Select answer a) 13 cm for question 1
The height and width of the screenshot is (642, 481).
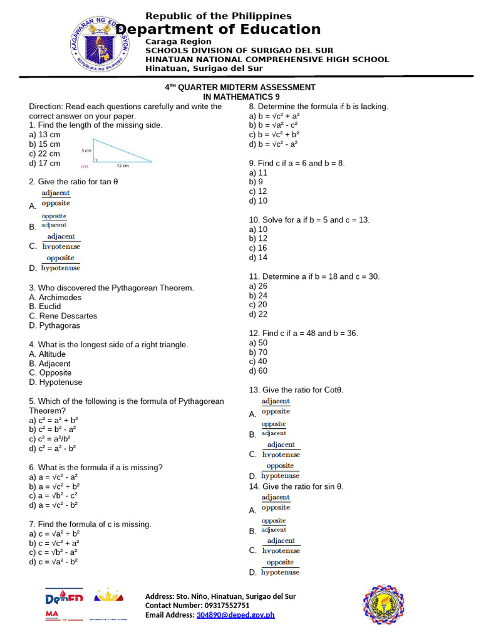[44, 135]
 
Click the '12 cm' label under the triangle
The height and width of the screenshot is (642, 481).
[122, 166]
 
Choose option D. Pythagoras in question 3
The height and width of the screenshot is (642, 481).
[54, 325]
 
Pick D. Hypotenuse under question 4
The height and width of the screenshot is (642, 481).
[56, 382]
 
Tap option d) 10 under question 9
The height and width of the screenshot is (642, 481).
[258, 201]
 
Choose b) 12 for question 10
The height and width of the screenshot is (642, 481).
[258, 238]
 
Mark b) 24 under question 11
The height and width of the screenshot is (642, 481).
[258, 295]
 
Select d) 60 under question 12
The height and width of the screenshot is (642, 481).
[258, 371]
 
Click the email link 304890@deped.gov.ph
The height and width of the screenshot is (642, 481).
[235, 615]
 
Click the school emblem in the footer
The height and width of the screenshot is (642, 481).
[384, 604]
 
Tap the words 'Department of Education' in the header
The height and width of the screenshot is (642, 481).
[219, 29]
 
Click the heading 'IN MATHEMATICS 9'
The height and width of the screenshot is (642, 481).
[241, 97]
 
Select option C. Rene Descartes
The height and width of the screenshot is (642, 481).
[63, 316]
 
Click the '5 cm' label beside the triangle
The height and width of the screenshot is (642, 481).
[86, 150]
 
